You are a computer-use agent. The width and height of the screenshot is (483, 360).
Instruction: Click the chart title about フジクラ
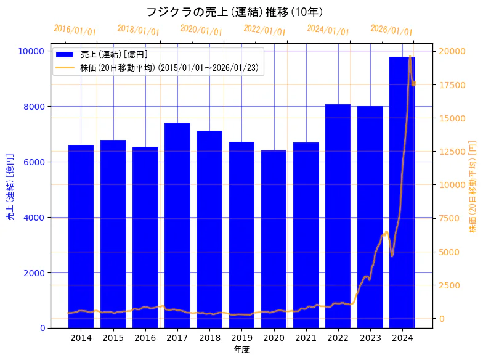(234, 12)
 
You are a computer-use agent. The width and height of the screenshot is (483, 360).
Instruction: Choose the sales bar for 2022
(338, 216)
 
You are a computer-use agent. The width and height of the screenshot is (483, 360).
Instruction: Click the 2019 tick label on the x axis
(241, 338)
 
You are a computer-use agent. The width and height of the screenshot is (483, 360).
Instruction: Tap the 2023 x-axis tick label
(370, 338)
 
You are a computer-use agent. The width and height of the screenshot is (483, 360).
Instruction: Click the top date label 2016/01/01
(75, 30)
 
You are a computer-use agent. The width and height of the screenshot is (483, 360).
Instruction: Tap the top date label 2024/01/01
(328, 30)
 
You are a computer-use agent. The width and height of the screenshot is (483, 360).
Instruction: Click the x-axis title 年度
(241, 350)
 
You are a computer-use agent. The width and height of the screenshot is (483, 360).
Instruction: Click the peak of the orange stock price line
(410, 57)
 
